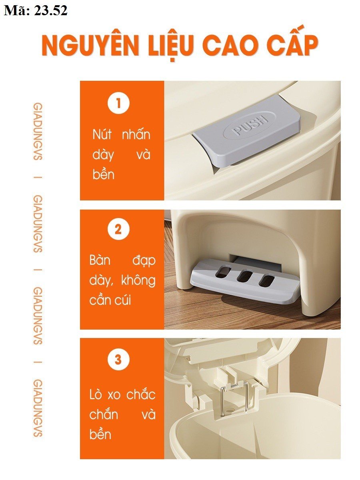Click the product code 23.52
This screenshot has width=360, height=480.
tap(51, 10)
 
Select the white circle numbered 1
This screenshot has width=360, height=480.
tap(118, 103)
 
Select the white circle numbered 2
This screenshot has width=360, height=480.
tap(118, 230)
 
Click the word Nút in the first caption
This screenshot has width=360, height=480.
tap(102, 134)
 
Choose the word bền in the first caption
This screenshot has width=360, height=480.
tap(103, 174)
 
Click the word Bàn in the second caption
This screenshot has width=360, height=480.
tap(100, 260)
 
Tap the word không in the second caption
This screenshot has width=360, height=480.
tap(138, 280)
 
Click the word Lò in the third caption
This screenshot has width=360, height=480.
tap(96, 394)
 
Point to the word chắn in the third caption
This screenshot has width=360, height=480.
tap(104, 414)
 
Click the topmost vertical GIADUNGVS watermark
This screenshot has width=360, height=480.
tap(38, 132)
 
